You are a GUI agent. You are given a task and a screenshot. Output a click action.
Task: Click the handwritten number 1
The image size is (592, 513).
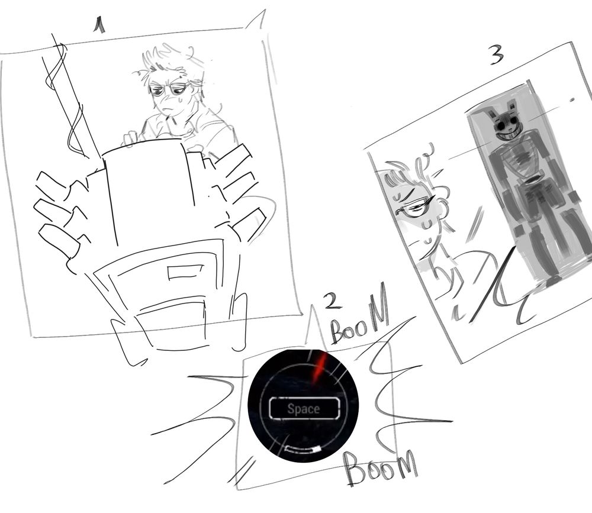point(99,25)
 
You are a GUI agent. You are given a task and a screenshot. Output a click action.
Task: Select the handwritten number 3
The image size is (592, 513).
point(497,55)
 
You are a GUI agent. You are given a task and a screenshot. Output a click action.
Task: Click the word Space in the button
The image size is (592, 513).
point(304,408)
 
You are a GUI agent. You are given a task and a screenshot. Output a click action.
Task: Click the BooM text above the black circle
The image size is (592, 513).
point(359,318)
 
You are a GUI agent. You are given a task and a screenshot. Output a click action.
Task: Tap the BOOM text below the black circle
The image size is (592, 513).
point(381,467)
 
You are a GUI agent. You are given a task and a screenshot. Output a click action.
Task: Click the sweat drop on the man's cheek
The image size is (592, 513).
point(180,100)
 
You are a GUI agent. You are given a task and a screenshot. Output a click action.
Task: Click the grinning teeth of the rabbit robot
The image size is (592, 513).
point(510,134)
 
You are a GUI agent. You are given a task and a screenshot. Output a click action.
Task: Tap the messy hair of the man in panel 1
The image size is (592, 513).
point(172,62)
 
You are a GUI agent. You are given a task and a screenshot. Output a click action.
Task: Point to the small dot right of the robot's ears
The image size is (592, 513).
point(572,100)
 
